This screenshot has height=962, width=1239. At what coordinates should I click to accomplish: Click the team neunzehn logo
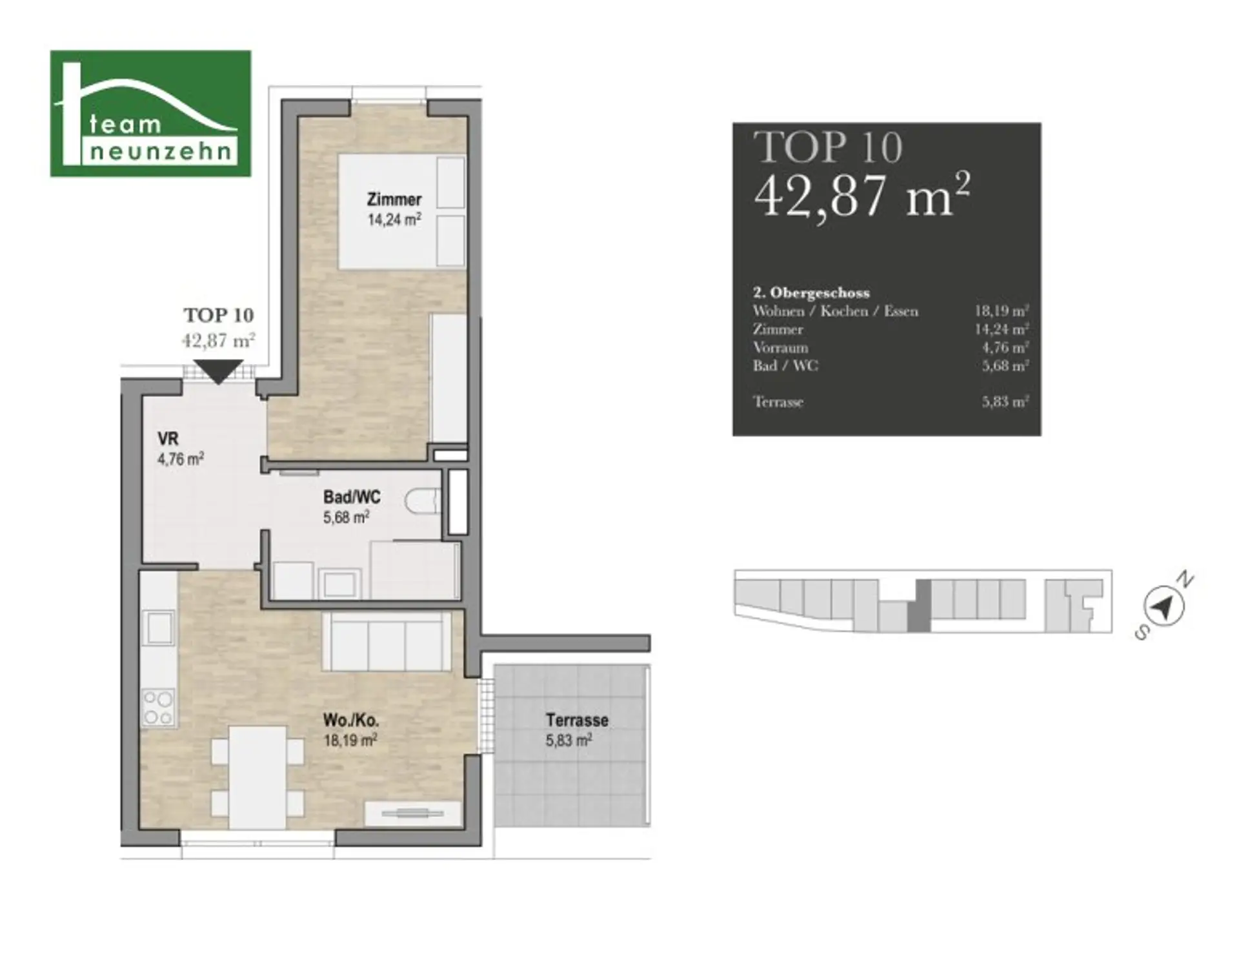click(x=150, y=113)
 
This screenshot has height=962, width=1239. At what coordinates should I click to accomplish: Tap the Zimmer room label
click(x=394, y=200)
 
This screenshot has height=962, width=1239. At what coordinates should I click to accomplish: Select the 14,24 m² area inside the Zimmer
click(x=394, y=220)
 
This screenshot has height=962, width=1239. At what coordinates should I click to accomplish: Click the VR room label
click(x=168, y=439)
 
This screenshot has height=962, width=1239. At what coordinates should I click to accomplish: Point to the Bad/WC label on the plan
click(x=352, y=497)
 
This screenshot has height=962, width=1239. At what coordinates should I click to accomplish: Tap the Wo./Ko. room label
click(x=351, y=720)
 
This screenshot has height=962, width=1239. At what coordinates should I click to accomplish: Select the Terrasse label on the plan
click(x=577, y=720)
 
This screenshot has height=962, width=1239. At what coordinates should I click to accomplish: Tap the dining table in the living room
click(x=258, y=778)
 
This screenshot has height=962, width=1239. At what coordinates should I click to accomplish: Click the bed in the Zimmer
click(x=402, y=212)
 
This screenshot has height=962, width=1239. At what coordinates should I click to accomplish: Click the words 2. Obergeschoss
click(x=812, y=292)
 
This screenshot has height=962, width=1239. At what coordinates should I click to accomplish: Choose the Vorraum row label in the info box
click(x=781, y=347)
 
